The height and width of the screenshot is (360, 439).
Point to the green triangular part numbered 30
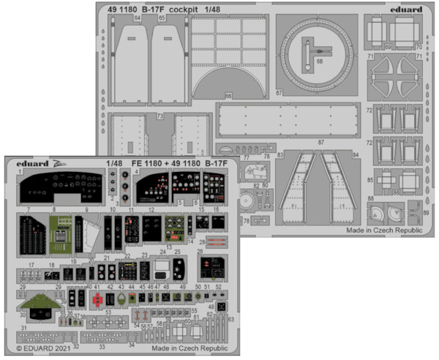(37, 304)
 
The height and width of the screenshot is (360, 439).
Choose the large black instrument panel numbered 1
(62, 187)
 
